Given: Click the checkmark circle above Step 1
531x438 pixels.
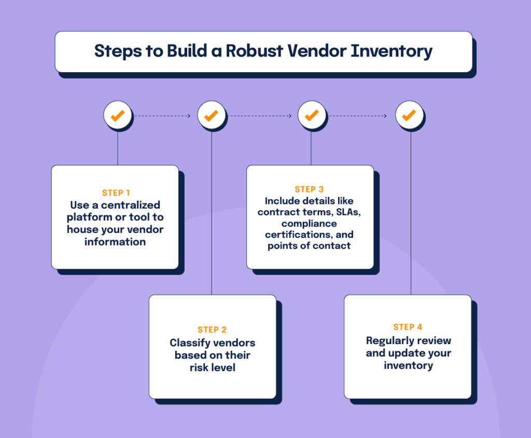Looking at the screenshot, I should (118, 115).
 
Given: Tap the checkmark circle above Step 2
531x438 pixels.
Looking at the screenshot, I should (211, 115).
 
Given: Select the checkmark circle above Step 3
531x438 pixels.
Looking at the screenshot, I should (311, 115).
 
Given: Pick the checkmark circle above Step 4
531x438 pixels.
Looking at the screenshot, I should (409, 115).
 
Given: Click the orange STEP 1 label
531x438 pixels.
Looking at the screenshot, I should (116, 193).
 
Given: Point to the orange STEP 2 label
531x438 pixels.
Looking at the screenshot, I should (212, 330).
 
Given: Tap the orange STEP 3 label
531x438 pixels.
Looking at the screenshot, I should (309, 189).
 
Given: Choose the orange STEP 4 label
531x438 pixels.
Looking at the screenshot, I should (408, 327).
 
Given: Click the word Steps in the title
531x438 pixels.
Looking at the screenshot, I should (116, 51).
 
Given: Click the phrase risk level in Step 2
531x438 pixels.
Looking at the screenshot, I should (213, 367).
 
